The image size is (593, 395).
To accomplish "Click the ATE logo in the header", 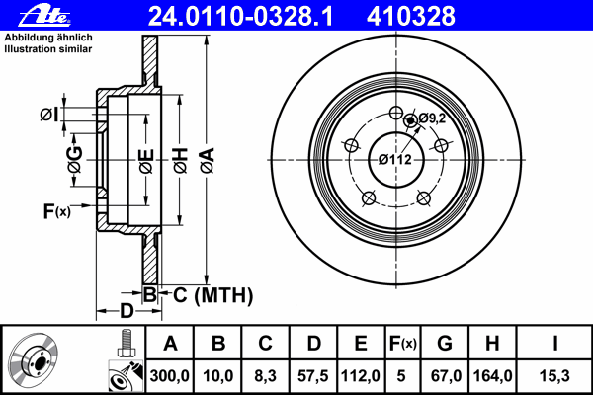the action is (x=45, y=16).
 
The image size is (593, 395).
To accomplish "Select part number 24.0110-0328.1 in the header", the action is (x=240, y=16).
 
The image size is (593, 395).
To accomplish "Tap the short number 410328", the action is (x=411, y=16).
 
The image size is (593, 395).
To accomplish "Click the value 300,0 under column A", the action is (x=169, y=376).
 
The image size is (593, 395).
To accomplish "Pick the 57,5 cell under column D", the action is (x=313, y=376).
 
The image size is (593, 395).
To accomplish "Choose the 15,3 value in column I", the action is (x=554, y=376).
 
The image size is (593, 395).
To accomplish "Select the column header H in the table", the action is (x=492, y=344).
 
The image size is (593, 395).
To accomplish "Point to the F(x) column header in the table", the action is (x=403, y=344).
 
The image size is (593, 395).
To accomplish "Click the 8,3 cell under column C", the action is (x=266, y=376).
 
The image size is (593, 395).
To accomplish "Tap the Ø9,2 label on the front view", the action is (x=432, y=118).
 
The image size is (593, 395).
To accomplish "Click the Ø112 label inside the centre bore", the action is (x=395, y=160).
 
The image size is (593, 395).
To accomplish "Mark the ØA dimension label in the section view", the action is (x=208, y=161).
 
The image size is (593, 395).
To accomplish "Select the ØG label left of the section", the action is (x=74, y=159).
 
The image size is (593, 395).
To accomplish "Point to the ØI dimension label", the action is (x=49, y=115).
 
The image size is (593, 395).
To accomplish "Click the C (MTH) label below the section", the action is (x=212, y=295).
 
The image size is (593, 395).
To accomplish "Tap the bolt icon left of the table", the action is (x=127, y=344).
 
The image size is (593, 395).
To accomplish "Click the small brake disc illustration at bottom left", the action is (x=33, y=359).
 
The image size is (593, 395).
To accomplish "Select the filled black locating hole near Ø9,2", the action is (x=411, y=120).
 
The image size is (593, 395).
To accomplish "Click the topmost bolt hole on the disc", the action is (x=396, y=113).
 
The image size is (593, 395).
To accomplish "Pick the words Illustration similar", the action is (x=48, y=49).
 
